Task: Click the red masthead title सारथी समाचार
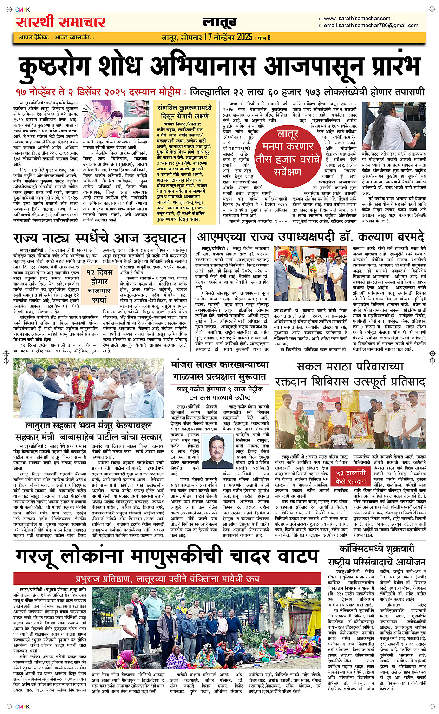[x=60, y=22]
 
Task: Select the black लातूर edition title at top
[x=220, y=22]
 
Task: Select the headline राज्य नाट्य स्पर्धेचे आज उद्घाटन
[x=99, y=238]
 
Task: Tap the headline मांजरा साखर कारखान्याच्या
[x=220, y=365]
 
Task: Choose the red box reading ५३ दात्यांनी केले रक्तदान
[x=351, y=477]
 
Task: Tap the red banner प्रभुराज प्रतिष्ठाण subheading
[x=167, y=578]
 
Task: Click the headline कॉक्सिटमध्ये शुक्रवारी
[x=376, y=548]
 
